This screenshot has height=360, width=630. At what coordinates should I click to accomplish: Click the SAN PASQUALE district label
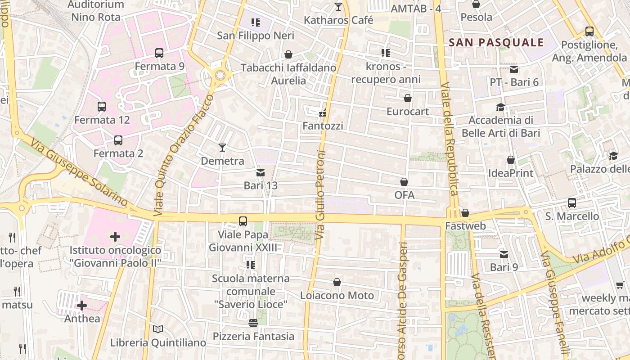496,43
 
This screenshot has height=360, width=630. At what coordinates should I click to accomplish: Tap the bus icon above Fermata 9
159,53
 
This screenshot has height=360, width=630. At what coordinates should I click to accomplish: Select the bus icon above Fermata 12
102,107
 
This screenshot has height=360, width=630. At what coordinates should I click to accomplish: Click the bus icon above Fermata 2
118,140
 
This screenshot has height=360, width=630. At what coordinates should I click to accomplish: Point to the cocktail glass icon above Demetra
222,147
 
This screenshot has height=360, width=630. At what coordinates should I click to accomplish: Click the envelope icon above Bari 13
260,172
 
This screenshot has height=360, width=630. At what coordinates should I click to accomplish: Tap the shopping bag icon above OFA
404,182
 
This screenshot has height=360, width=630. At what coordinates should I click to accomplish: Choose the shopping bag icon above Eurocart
408,98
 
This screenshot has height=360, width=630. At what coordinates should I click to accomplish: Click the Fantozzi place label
323,126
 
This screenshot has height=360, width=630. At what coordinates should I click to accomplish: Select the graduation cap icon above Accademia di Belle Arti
500,107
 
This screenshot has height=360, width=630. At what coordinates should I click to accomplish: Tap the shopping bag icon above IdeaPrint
511,160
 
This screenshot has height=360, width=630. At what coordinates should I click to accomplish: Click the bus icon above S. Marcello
571,203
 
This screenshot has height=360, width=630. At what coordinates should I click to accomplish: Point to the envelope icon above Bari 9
504,254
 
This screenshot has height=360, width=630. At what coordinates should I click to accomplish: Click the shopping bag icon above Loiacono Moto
337,282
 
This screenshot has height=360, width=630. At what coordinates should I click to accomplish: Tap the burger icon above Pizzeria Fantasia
253,323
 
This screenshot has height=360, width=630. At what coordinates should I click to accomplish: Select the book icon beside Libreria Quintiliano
157,329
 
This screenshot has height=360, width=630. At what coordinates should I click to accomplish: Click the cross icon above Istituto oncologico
115,236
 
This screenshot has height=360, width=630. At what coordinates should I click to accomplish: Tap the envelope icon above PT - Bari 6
514,69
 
